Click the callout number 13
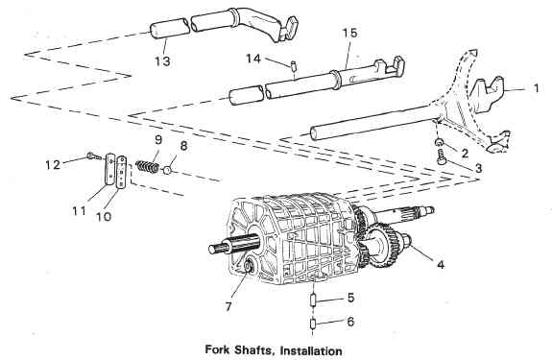162,60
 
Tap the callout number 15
349,33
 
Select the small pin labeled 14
293,66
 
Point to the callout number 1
536,87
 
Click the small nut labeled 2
439,142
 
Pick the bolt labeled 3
441,156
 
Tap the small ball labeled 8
167,170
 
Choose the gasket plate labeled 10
122,172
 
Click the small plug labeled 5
313,300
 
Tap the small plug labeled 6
313,324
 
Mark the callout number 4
441,264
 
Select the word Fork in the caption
217,350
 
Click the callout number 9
158,140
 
